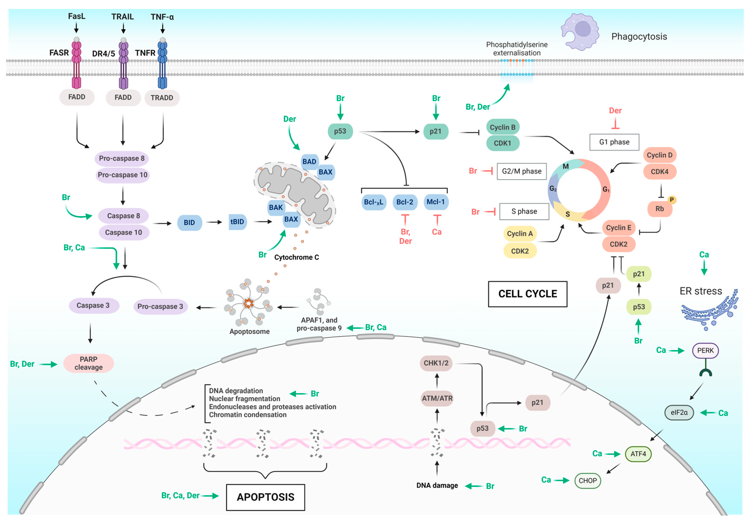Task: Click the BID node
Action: pyautogui.click(x=189, y=223)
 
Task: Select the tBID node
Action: pyautogui.click(x=237, y=222)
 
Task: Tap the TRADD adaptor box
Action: pyautogui.click(x=162, y=98)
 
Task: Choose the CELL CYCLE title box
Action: pyautogui.click(x=528, y=294)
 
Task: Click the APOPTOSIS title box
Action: pyautogui.click(x=266, y=497)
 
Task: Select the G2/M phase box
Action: pyautogui.click(x=522, y=171)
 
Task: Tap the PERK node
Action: pyautogui.click(x=705, y=351)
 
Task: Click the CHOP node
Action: pyautogui.click(x=588, y=481)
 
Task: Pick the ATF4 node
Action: pyautogui.click(x=638, y=454)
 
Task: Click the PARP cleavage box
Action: pyautogui.click(x=88, y=363)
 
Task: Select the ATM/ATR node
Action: pyautogui.click(x=437, y=398)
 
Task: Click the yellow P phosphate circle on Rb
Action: pyautogui.click(x=672, y=200)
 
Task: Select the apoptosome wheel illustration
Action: pyautogui.click(x=248, y=302)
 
